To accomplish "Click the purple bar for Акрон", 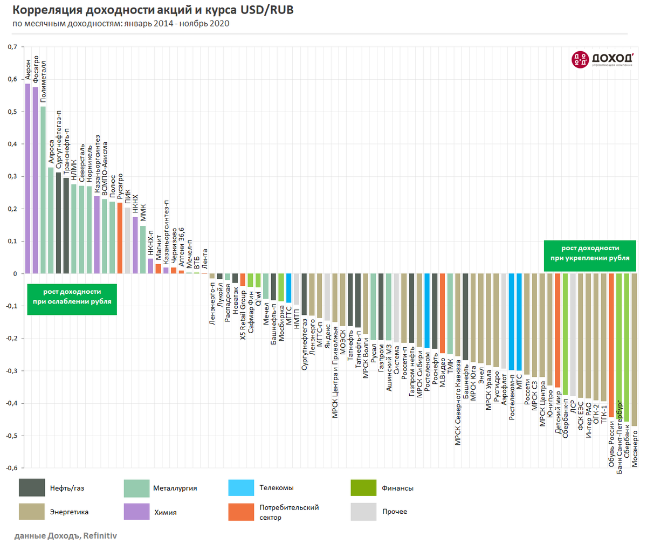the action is coord(27,178).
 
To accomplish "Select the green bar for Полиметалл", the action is coord(43,190).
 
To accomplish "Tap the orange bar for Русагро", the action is coord(120,238).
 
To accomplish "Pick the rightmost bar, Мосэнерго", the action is coord(634,350).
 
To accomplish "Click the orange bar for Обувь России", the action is coord(611,345).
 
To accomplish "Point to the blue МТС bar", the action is coord(519,322).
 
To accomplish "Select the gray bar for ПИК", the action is coord(128,240).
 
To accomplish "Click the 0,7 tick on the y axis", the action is coord(12,47).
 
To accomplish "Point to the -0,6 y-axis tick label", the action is coord(11,468).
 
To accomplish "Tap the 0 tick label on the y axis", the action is coord(15,273).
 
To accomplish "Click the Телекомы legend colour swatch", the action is coord(241,487).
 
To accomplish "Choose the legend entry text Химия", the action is coord(166,512).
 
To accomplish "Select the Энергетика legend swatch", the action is coord(32,512).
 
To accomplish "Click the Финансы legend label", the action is coord(397,488).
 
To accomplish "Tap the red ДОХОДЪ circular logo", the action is coord(580,59).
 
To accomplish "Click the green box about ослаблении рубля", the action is coord(72,299).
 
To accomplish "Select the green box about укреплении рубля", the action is coord(590,256).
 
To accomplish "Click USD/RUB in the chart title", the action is coord(267,10).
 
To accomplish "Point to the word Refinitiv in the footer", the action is coord(100,535).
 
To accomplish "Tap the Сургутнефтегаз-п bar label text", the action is coord(59,140).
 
